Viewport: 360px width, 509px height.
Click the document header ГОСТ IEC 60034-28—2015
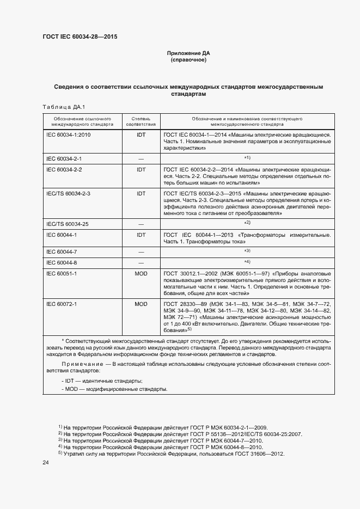point(80,37)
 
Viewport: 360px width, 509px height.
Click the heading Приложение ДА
point(188,53)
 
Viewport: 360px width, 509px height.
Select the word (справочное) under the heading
point(188,60)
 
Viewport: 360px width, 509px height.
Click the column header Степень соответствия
point(141,121)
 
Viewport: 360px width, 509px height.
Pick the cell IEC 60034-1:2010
point(69,133)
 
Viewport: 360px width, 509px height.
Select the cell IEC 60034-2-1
point(64,159)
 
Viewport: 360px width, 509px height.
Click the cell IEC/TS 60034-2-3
point(69,193)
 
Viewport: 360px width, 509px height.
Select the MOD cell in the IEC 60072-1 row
point(141,303)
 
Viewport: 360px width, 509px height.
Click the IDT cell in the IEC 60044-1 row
point(141,235)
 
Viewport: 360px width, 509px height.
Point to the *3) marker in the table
point(247,251)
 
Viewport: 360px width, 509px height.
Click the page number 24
point(46,463)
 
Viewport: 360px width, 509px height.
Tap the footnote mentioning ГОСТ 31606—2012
point(172,453)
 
